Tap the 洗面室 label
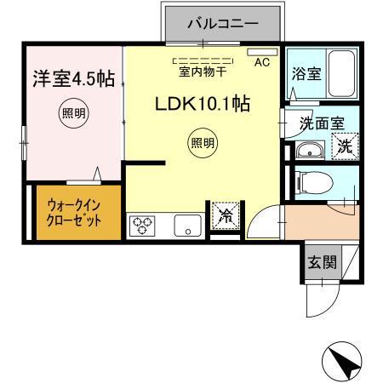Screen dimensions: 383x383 pos(322,123)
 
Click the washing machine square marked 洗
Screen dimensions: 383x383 pos(345,146)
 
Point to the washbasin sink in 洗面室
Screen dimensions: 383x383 pos(307,152)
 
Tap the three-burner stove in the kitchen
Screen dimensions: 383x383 pos(141,226)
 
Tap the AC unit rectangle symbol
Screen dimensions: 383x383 pos(258,52)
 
